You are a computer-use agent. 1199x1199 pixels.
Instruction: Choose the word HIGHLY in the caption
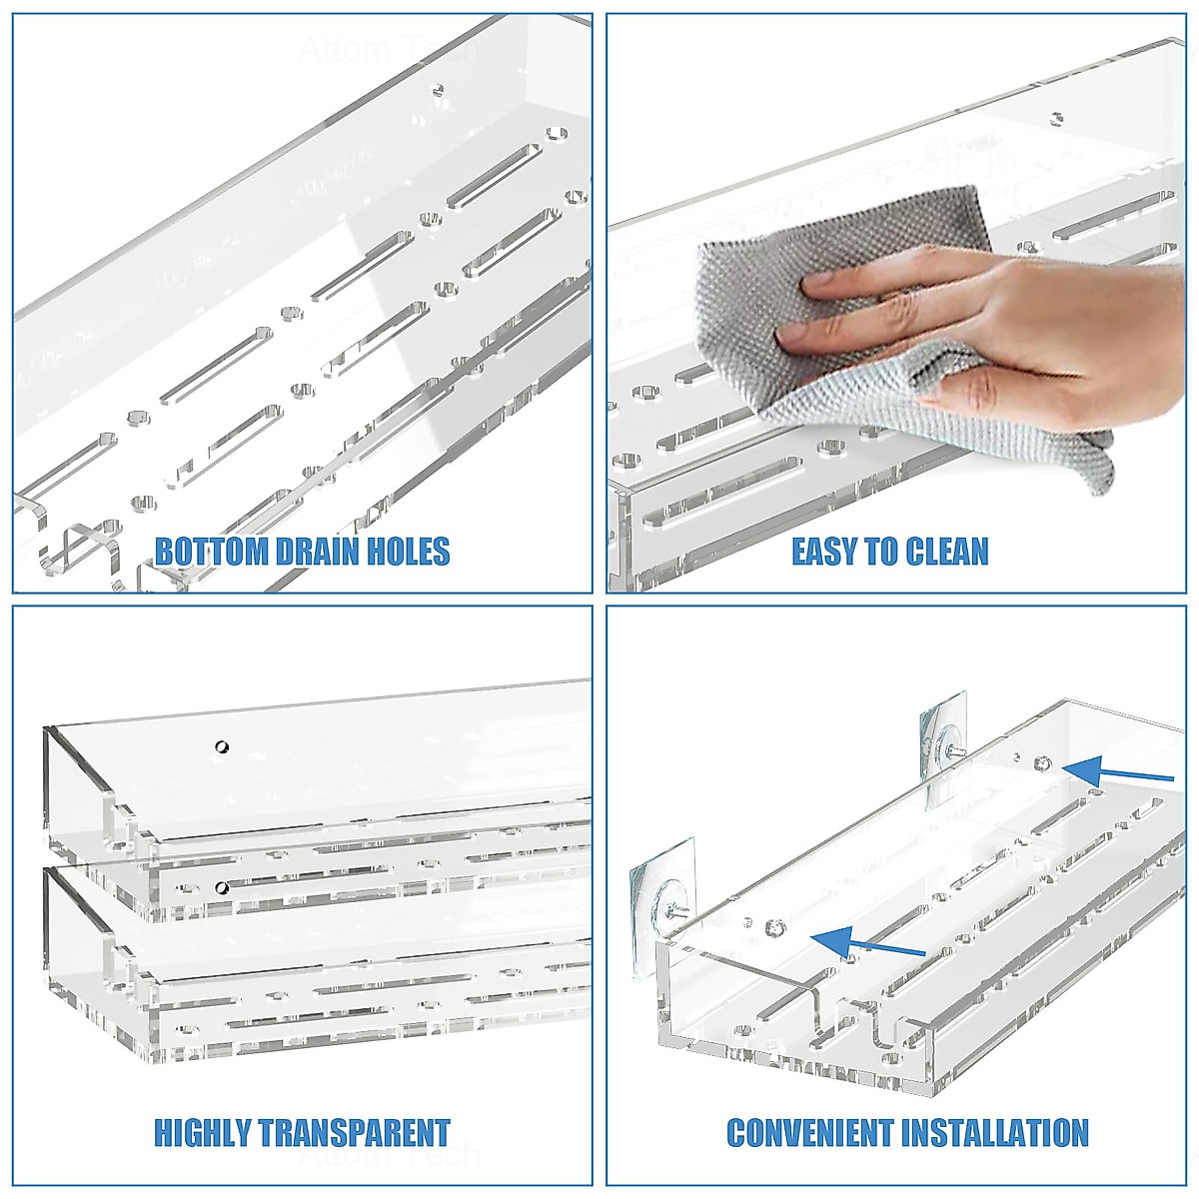click(203, 1133)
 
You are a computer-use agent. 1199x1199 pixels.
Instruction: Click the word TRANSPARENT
click(354, 1133)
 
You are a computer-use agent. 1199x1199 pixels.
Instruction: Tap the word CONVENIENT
click(810, 1133)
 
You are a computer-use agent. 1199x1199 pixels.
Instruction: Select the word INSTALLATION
click(995, 1133)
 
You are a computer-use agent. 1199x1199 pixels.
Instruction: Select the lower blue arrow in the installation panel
click(865, 942)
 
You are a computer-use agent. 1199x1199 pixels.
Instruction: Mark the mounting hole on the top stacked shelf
click(221, 746)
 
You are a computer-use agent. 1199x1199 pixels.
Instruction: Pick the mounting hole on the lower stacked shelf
click(221, 888)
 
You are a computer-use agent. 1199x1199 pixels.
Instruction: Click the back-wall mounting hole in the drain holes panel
click(437, 90)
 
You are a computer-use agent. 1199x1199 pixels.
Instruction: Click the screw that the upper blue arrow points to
click(1043, 763)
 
